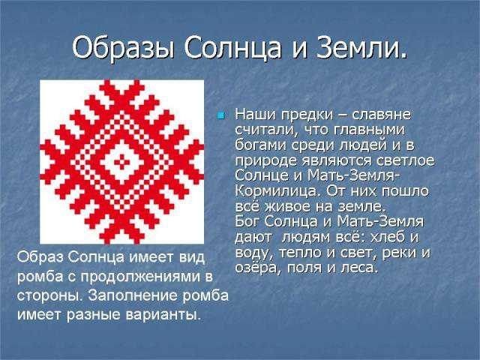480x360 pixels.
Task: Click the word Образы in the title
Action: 123,48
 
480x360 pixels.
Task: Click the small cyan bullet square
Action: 220,115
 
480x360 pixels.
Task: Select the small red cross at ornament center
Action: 121,162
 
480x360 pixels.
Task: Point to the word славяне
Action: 381,115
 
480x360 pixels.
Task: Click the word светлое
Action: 405,160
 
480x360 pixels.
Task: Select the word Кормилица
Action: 277,192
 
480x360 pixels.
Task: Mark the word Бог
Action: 247,221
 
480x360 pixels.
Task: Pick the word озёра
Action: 257,268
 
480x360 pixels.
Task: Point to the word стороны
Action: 50,296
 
